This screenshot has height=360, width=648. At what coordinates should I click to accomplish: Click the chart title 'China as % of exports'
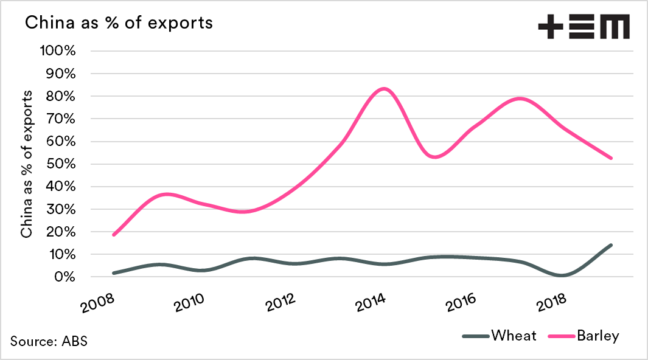[118, 23]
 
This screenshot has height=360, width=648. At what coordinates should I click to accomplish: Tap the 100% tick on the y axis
[57, 50]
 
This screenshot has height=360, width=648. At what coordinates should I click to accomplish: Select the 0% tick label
[63, 277]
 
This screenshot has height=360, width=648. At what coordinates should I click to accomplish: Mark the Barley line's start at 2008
[114, 235]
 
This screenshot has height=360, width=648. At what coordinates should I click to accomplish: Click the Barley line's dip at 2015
[434, 157]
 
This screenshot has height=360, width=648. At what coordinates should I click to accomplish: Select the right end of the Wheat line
[611, 245]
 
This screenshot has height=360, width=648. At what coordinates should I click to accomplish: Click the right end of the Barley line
[611, 158]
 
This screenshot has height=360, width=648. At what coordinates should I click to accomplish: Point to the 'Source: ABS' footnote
[49, 341]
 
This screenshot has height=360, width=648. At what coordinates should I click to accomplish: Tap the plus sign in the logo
[550, 28]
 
